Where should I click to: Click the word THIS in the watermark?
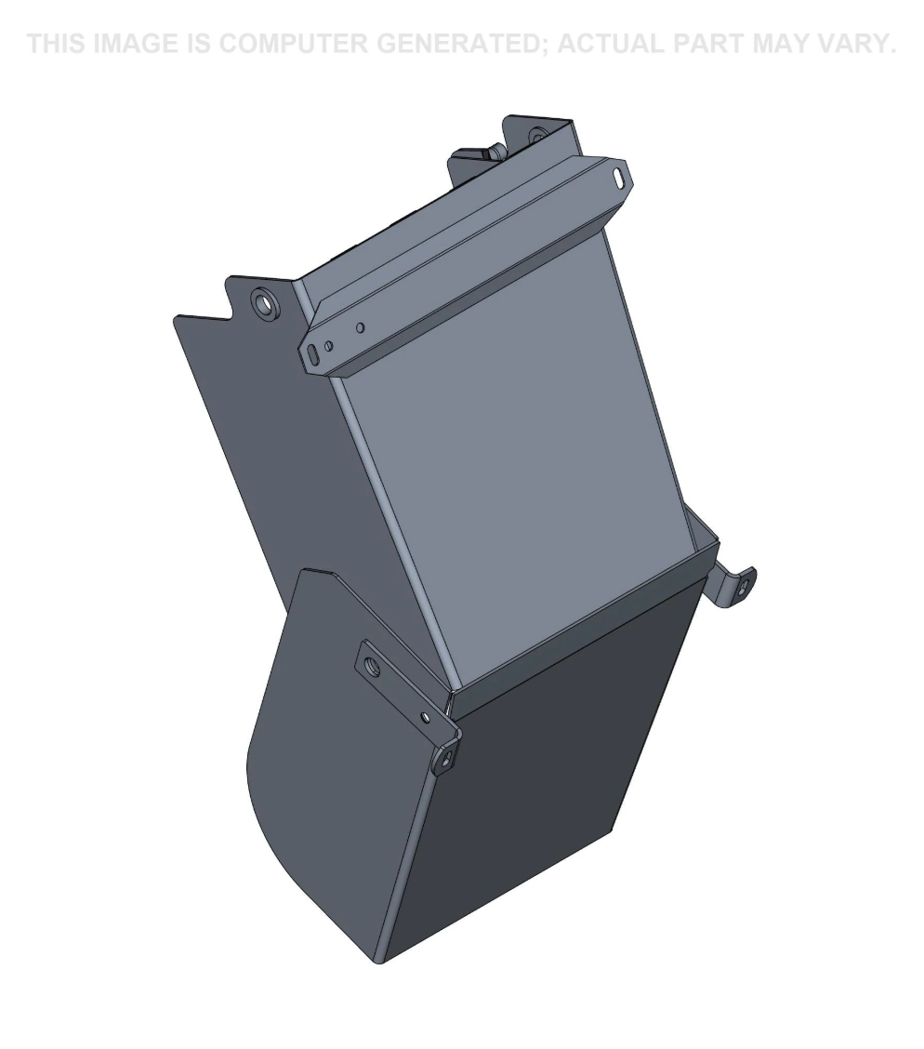pos(57,44)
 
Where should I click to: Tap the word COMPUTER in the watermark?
pos(293,44)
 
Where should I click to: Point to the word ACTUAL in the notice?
pos(612,44)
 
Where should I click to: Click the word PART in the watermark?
pos(708,44)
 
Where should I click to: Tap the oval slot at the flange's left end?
pos(313,354)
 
